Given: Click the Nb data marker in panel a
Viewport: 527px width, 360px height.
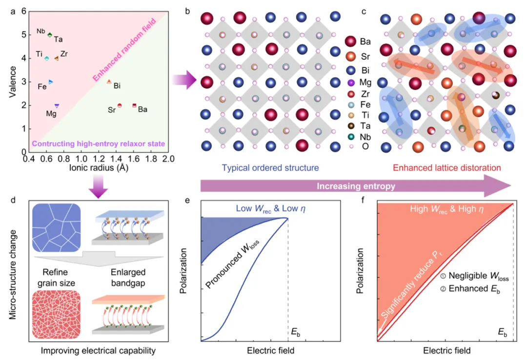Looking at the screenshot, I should coord(49,34).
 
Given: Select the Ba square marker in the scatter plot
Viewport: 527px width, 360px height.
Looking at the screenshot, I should coord(134,105).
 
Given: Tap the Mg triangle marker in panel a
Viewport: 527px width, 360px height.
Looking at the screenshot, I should coord(57,105).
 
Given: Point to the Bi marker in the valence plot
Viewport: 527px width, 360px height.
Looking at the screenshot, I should coord(109,81).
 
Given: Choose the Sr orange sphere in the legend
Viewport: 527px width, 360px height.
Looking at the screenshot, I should coord(350,56).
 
